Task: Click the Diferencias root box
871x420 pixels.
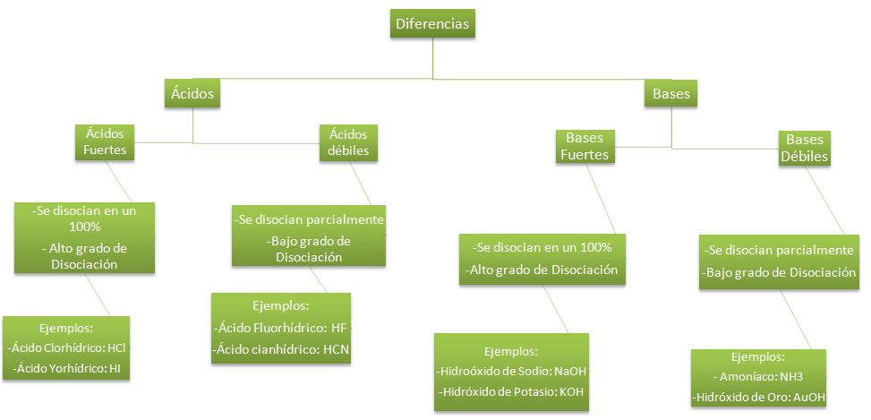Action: tap(432, 24)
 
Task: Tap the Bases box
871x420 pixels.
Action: tap(670, 94)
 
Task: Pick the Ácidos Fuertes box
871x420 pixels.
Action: tap(105, 141)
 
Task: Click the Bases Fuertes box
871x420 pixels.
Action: tap(585, 146)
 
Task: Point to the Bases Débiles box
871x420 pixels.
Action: tap(804, 148)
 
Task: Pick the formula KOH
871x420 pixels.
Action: tap(570, 392)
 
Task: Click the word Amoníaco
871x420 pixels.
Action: tap(751, 376)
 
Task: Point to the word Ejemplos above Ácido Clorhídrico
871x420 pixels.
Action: tap(66, 326)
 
